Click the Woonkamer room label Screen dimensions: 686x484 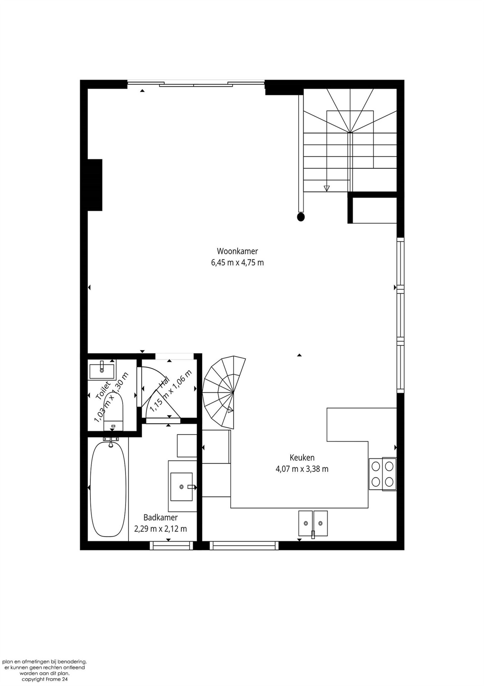pyautogui.click(x=237, y=251)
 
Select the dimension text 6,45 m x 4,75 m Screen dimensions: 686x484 pyautogui.click(x=237, y=263)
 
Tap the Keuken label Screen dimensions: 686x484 pyautogui.click(x=302, y=457)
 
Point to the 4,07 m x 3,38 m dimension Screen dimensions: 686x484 pyautogui.click(x=302, y=469)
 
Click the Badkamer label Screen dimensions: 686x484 pyautogui.click(x=161, y=517)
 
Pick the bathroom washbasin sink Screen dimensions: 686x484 pyautogui.click(x=181, y=486)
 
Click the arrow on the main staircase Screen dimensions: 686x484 pyautogui.click(x=326, y=188)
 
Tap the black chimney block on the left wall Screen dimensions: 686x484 pyautogui.click(x=95, y=185)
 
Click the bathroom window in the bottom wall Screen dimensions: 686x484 pyautogui.click(x=171, y=546)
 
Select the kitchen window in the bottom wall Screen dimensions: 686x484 pyautogui.click(x=244, y=546)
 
